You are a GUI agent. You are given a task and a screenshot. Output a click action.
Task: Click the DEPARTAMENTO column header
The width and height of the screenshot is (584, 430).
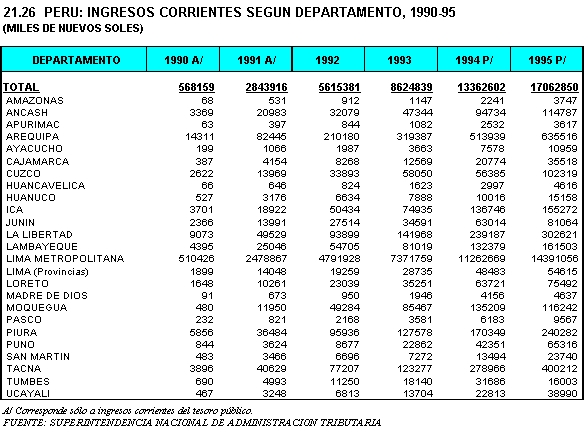(76, 60)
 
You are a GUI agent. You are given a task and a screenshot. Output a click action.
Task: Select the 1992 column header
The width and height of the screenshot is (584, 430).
(327, 60)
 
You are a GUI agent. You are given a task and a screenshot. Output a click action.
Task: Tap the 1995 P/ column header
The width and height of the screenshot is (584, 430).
(547, 60)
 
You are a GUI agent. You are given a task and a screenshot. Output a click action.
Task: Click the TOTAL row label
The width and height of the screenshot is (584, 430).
(21, 87)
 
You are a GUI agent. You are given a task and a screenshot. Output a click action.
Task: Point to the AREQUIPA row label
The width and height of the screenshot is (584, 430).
(32, 137)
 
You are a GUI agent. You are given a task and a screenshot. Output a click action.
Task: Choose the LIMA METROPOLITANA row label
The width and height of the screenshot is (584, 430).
(65, 258)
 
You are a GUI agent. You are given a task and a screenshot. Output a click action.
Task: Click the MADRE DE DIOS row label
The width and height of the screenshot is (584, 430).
(47, 296)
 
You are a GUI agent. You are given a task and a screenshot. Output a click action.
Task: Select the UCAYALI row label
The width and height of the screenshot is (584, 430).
(28, 394)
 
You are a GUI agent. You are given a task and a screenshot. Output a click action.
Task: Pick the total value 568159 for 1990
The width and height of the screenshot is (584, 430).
(196, 87)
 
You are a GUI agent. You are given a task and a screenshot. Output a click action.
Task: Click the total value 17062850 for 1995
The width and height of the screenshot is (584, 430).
(554, 87)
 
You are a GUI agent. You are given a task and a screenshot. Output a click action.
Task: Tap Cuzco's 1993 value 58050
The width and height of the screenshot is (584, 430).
(417, 173)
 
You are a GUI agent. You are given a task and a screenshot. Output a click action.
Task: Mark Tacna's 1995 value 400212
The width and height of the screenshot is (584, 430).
(559, 369)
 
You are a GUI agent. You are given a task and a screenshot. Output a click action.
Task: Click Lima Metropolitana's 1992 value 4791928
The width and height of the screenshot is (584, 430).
(339, 258)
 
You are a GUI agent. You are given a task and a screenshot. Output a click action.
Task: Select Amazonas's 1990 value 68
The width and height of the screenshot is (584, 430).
(207, 101)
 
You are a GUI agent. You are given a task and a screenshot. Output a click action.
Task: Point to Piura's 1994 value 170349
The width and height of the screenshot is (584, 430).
(487, 332)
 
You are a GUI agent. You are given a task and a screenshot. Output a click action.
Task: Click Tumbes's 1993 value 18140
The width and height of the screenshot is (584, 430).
(417, 382)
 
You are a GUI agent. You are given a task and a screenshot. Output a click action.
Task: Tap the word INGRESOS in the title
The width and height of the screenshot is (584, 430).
(123, 12)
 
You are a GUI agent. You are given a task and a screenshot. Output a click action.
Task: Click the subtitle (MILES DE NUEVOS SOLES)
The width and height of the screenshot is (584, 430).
(73, 28)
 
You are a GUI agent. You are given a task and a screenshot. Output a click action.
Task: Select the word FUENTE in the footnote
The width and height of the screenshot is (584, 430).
(23, 423)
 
